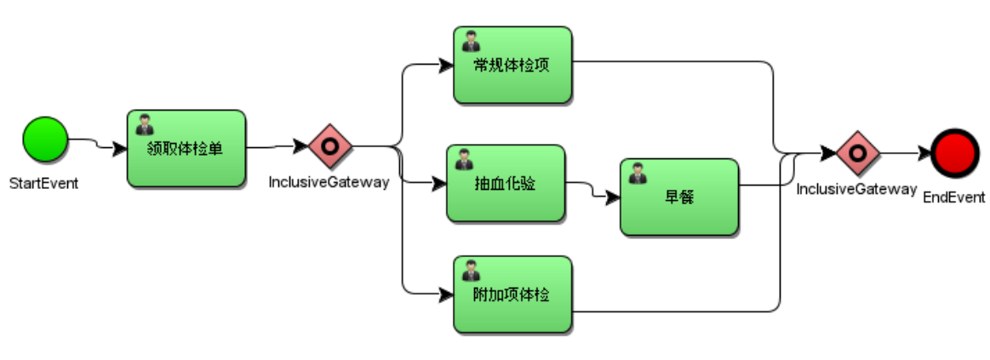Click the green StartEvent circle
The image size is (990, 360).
(45, 139)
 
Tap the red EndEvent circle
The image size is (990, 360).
(954, 153)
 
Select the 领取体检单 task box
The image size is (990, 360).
(186, 148)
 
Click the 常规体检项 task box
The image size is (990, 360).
(512, 65)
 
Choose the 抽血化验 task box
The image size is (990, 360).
(506, 183)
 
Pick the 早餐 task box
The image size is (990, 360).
(679, 197)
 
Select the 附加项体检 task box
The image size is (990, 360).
(512, 294)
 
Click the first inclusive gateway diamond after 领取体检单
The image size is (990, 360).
(330, 146)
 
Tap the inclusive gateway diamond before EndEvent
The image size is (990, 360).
(858, 153)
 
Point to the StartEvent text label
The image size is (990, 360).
(44, 184)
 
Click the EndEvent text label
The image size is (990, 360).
(954, 197)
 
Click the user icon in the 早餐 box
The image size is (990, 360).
(638, 173)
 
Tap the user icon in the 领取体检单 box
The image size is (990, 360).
(146, 124)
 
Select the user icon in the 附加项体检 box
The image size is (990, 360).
(472, 271)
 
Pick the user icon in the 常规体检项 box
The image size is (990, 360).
(472, 41)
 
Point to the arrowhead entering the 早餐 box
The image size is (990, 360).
(612, 197)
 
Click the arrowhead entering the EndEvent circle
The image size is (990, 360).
(924, 153)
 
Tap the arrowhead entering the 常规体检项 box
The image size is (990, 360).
(446, 65)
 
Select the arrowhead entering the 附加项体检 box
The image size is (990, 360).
(446, 294)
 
